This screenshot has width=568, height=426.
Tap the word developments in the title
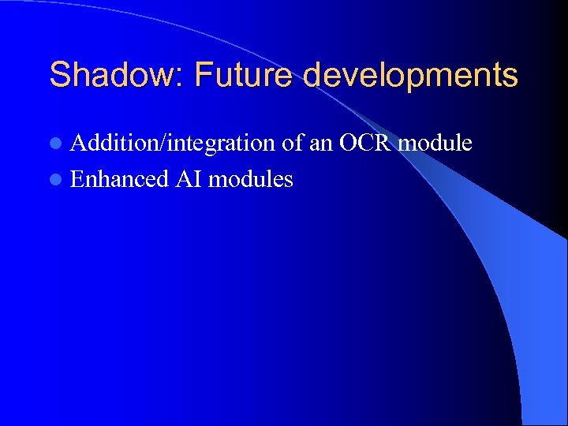pyautogui.click(x=410, y=77)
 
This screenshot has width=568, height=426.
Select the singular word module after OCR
pyautogui.click(x=435, y=143)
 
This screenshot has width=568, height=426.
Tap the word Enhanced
pyautogui.click(x=119, y=179)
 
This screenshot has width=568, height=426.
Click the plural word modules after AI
pyautogui.click(x=251, y=179)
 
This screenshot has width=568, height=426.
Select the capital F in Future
pyautogui.click(x=203, y=76)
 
